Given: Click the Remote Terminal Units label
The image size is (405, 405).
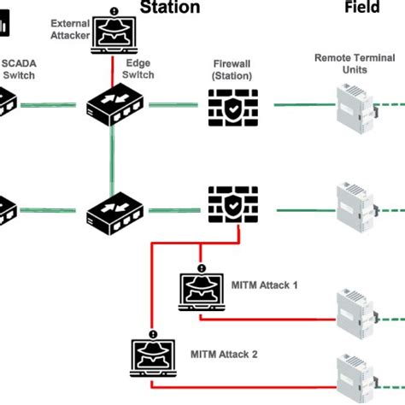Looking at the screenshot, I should [x=354, y=63].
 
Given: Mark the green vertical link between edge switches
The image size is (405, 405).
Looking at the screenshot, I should [x=111, y=158].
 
